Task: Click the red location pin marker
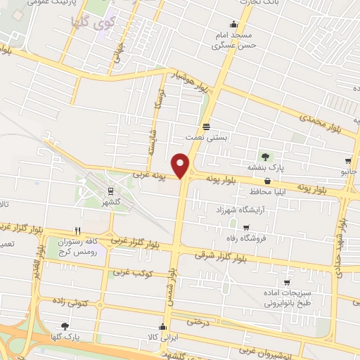click(x=181, y=166)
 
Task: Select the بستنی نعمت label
click(x=205, y=138)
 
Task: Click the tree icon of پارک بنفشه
click(x=265, y=156)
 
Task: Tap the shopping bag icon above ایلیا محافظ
click(x=267, y=180)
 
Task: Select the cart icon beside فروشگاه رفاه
click(x=245, y=226)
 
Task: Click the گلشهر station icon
click(x=110, y=190)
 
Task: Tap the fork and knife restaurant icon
click(x=78, y=230)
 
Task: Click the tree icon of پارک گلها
click(x=65, y=326)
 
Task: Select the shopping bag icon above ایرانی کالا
click(x=163, y=327)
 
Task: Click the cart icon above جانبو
click(x=348, y=161)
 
